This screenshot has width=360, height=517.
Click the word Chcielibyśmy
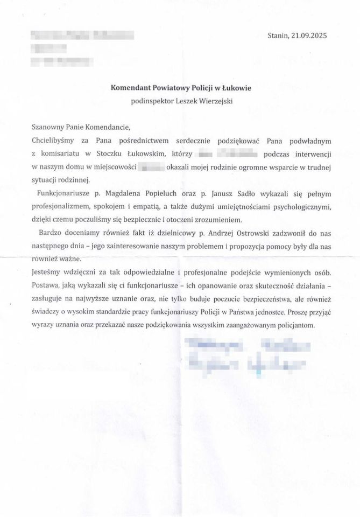tap(55, 140)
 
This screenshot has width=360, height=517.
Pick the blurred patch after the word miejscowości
tap(151, 166)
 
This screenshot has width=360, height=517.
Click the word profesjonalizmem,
tap(64, 206)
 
